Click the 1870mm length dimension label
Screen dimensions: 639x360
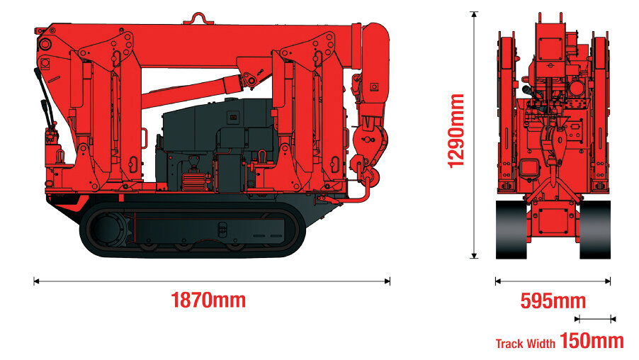(x=208, y=300)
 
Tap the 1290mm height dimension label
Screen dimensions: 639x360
(x=456, y=131)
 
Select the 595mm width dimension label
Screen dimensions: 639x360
(x=553, y=301)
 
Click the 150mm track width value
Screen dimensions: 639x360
(x=592, y=340)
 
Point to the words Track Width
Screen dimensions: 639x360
(x=526, y=344)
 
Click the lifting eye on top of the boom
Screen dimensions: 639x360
(x=198, y=18)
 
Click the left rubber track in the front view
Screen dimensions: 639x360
(x=511, y=230)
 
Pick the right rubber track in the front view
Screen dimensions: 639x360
(x=595, y=230)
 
